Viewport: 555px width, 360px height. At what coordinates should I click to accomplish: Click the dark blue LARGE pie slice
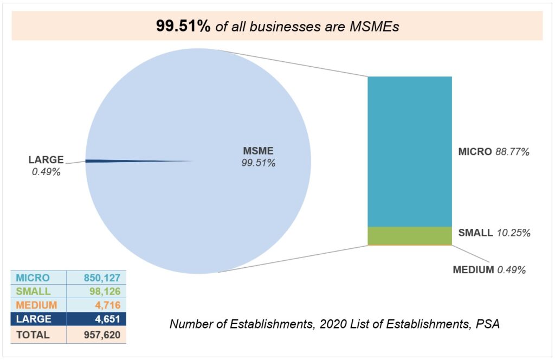108,160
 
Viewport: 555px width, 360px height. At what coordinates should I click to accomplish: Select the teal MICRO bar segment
409,151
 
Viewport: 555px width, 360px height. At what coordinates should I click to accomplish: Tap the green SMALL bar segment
409,235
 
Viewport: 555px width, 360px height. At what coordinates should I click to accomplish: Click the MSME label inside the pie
258,151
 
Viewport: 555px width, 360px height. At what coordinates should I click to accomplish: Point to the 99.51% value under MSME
259,163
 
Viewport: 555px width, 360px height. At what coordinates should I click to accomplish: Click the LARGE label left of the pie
46,160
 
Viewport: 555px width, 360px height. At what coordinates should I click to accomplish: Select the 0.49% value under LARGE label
46,172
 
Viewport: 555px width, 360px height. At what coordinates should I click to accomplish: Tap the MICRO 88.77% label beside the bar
493,152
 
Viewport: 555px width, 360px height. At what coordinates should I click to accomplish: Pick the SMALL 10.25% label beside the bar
494,233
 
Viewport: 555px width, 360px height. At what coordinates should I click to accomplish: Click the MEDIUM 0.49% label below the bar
489,269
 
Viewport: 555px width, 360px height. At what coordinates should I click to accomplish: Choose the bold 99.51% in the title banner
183,26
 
